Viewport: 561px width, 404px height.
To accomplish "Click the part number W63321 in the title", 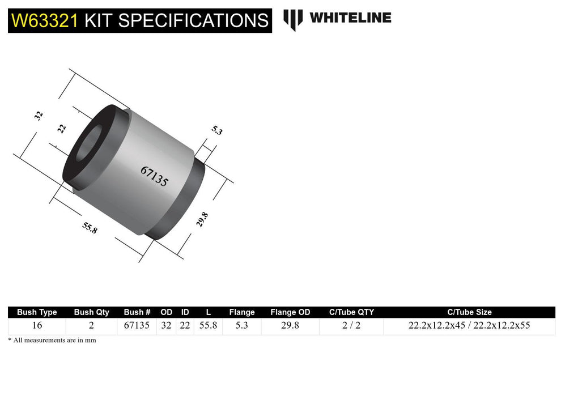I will point(45,21).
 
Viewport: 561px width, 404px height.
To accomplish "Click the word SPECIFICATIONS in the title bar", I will point(193,21).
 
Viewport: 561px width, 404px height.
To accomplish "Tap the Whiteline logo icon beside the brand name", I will point(293,19).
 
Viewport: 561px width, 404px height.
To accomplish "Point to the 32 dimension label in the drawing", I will point(39,116).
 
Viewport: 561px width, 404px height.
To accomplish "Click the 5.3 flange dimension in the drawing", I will point(217,130).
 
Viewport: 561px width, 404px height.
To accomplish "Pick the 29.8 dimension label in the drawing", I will point(202,219).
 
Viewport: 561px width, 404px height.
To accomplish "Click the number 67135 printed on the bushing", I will point(154,176).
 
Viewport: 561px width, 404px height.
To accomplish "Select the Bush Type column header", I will point(37,312).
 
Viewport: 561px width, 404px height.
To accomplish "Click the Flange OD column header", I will point(290,312).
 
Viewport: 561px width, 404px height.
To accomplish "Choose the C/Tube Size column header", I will point(469,312).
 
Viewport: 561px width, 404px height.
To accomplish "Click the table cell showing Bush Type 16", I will point(37,326).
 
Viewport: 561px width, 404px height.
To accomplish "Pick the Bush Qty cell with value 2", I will point(91,326).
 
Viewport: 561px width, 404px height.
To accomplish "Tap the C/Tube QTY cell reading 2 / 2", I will point(351,326).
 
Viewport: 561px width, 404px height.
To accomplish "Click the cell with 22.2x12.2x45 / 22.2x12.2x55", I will point(469,326).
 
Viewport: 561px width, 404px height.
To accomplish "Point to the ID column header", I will point(185,312).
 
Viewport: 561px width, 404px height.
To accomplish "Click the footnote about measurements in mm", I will point(52,341).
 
